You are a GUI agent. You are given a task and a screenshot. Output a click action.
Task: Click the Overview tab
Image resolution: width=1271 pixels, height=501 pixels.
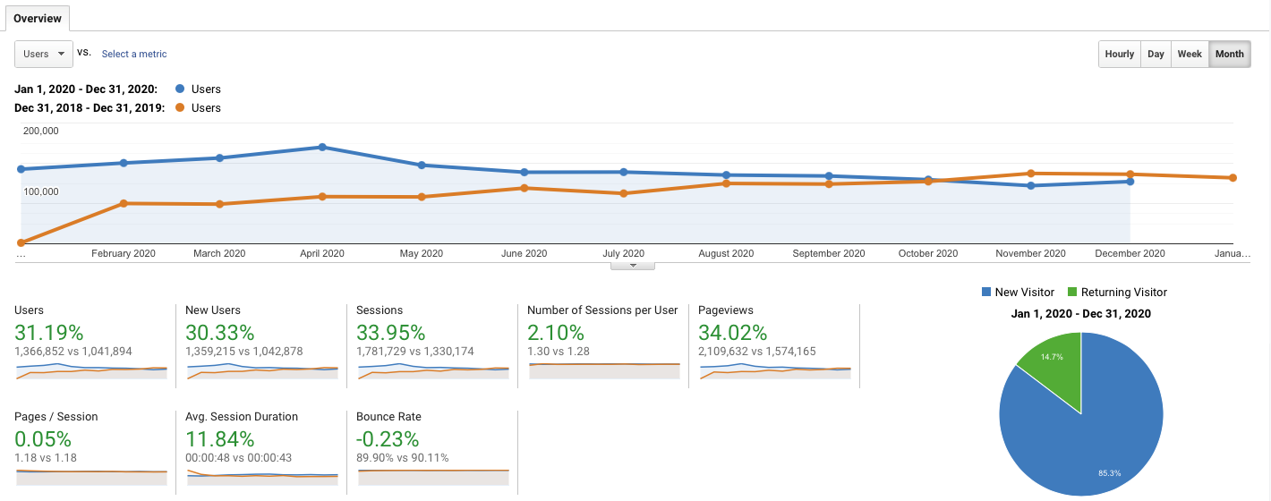[x=38, y=18]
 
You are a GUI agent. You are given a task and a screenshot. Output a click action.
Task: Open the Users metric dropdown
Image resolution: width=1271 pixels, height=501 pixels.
[x=44, y=54]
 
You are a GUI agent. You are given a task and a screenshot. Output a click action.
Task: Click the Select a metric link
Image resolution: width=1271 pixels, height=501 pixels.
[x=134, y=54]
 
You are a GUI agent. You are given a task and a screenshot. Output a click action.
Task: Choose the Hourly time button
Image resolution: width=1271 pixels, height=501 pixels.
[x=1120, y=54]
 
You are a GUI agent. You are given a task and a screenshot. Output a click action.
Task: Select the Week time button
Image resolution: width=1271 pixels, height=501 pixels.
[x=1190, y=54]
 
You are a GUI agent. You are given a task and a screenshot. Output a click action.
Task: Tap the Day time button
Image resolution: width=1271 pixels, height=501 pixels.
[x=1156, y=54]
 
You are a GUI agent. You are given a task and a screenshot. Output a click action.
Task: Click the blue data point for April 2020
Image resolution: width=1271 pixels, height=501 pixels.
[x=322, y=147]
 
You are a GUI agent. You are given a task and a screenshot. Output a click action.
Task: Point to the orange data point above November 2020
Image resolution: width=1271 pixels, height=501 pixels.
[x=1031, y=174]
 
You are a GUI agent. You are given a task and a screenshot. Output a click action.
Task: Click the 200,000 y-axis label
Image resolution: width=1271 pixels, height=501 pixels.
[x=40, y=131]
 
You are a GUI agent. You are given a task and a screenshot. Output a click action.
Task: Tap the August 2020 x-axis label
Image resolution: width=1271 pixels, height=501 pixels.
[x=726, y=253]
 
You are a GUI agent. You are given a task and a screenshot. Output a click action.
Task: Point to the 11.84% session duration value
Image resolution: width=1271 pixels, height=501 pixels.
[x=220, y=439]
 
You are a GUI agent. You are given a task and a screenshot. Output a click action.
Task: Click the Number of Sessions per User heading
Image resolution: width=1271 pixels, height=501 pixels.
[x=602, y=310]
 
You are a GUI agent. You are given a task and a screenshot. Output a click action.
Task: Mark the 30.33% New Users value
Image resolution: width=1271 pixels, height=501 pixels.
[x=218, y=333]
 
